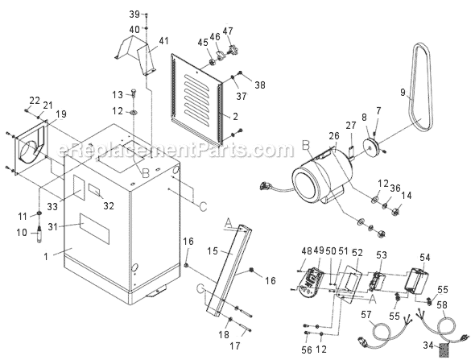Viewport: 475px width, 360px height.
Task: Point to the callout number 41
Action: pyautogui.click(x=164, y=41)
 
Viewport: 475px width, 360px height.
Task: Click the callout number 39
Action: pyautogui.click(x=134, y=14)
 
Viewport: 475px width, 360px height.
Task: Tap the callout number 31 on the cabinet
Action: pyautogui.click(x=69, y=227)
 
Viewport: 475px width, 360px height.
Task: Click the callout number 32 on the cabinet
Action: pyautogui.click(x=106, y=205)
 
